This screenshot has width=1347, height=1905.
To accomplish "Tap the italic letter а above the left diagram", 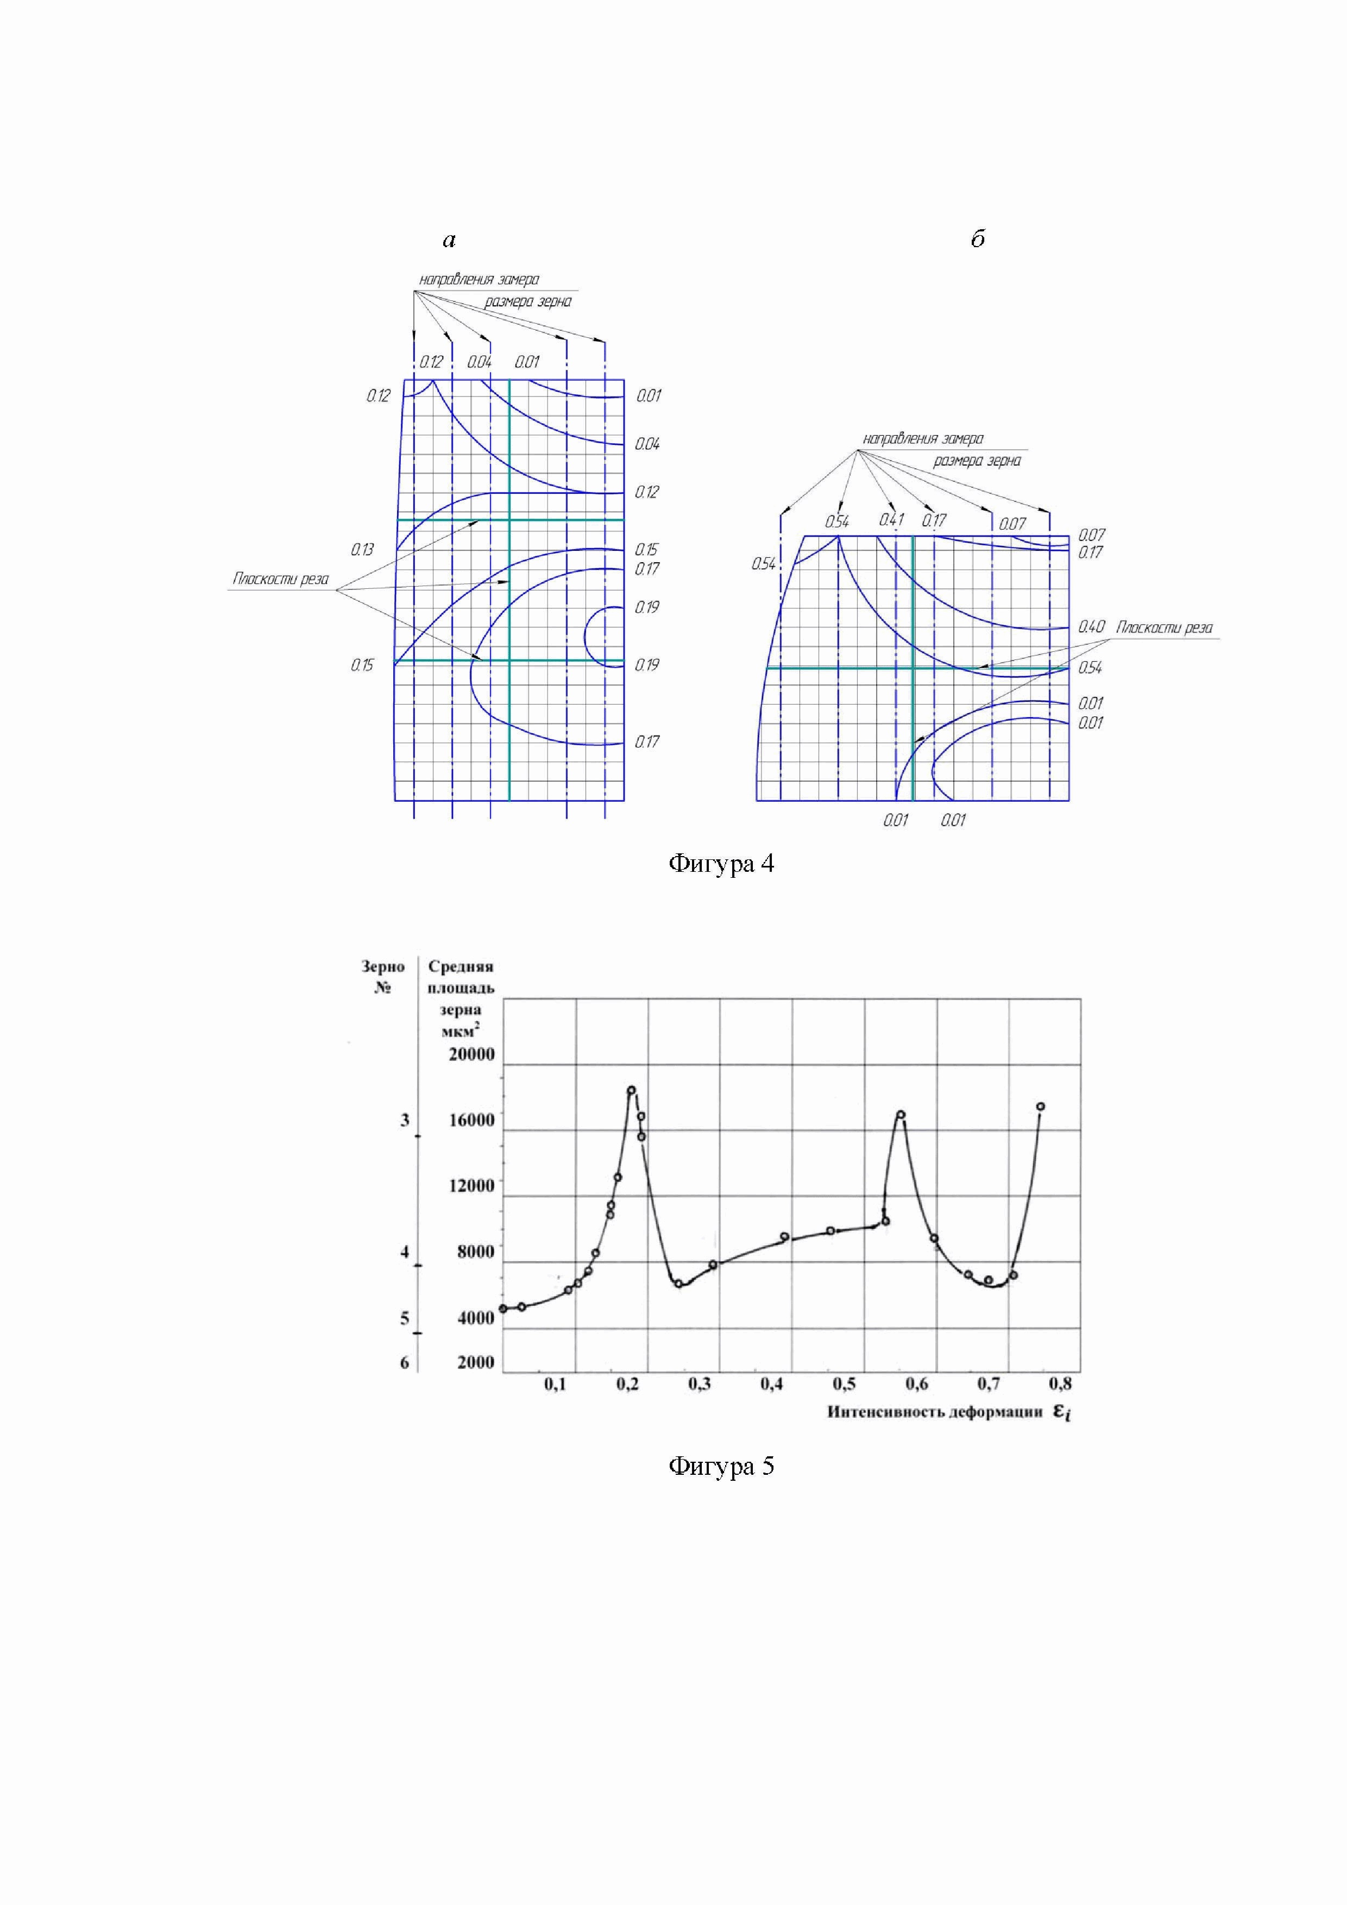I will pos(449,241).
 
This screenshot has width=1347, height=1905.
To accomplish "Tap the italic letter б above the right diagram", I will pos(978,239).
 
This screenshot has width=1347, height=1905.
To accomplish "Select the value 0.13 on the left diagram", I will pos(362,549).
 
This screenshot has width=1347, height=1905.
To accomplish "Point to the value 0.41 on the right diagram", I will pos(892,520).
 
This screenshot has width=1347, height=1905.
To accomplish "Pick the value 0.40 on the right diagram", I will pos(1091,627).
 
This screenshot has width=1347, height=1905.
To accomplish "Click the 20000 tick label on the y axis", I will pos(471,1054).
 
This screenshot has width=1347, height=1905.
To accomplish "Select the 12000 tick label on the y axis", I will pos(471,1186).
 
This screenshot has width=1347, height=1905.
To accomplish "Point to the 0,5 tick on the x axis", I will pos(845,1384).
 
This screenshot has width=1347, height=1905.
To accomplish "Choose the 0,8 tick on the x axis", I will pos(1060,1384).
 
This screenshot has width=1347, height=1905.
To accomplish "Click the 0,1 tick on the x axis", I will pos(555,1384).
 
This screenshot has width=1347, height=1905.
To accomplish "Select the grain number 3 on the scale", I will pos(405,1120).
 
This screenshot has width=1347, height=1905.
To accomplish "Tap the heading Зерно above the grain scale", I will pos(383,966).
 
